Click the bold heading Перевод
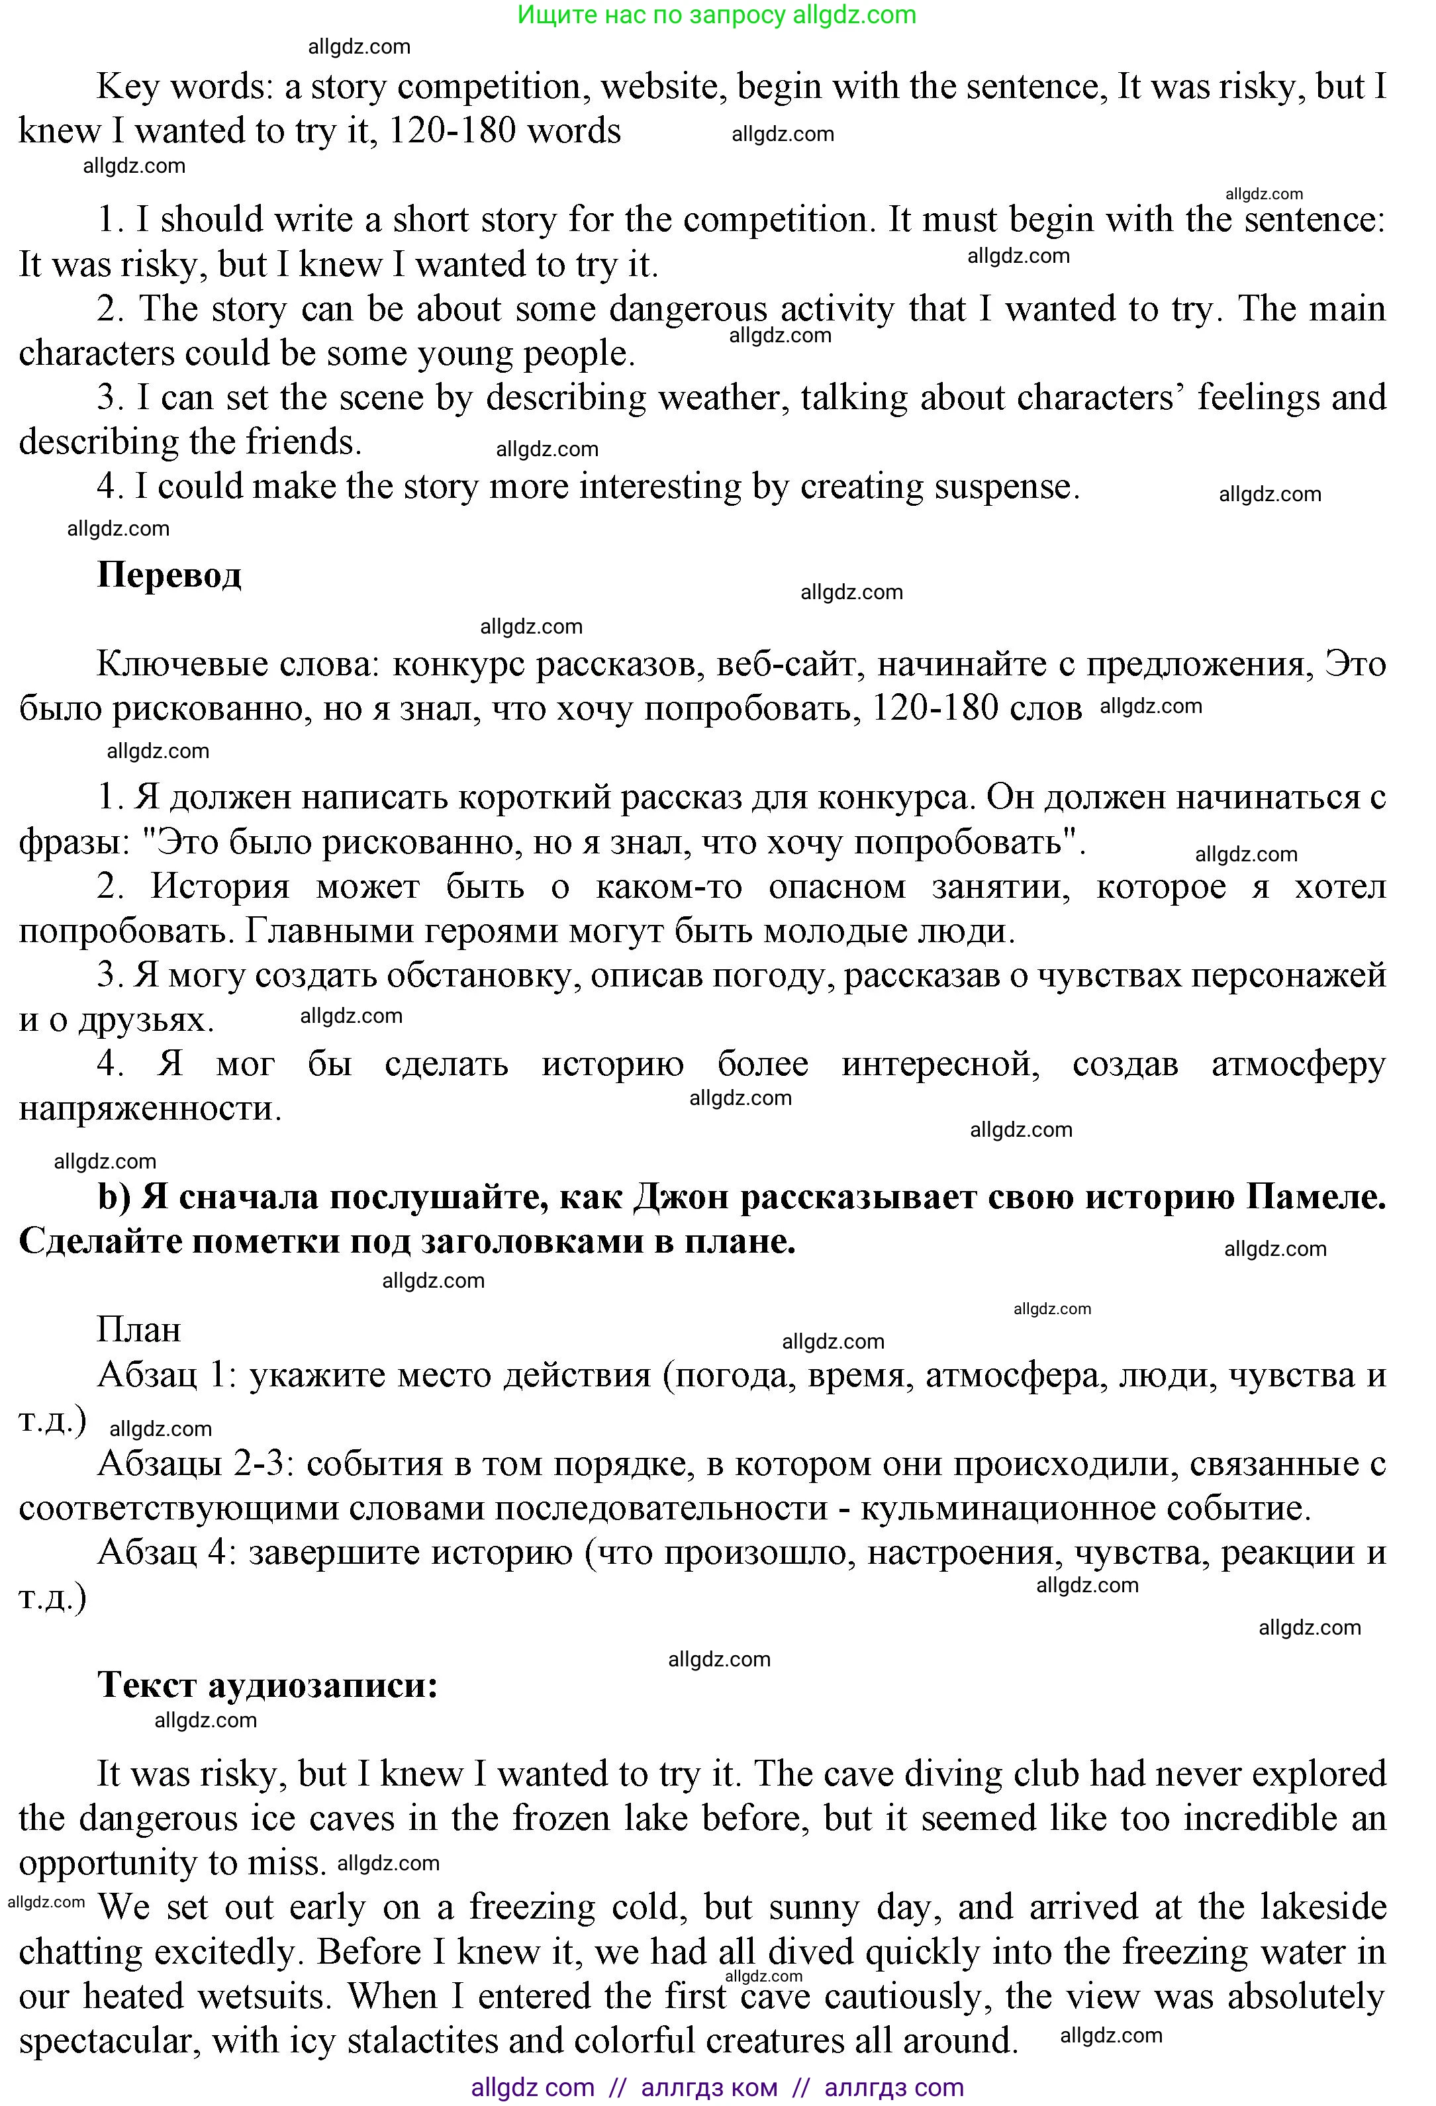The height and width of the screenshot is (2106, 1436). [x=169, y=575]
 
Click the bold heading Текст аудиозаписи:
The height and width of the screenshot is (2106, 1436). [x=267, y=1685]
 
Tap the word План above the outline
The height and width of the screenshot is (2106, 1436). [x=138, y=1330]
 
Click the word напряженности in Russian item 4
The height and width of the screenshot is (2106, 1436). [x=150, y=1108]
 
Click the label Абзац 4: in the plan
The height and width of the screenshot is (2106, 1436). [x=169, y=1553]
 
